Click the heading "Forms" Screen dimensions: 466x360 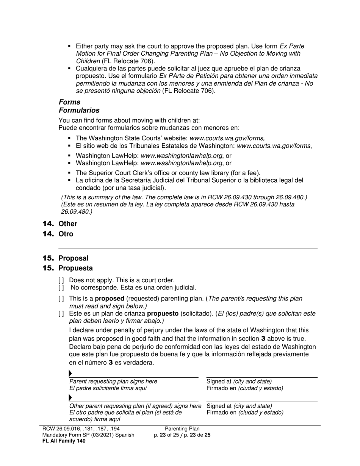[69, 102]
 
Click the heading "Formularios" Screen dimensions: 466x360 [79, 111]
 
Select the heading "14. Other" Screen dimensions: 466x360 [60, 224]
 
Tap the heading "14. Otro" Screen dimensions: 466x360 [58, 234]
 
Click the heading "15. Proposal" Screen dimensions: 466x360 [66, 258]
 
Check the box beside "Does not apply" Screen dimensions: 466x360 [61, 281]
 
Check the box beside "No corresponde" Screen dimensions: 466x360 [61, 288]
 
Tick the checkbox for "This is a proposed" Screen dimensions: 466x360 [61, 299]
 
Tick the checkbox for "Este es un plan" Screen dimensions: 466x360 [61, 314]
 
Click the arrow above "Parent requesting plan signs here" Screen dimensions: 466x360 [70, 374]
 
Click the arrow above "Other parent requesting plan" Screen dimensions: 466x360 [70, 398]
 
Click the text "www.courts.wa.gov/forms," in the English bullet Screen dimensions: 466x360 [227, 139]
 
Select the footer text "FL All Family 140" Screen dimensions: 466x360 [64, 441]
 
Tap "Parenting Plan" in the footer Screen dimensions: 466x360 [182, 429]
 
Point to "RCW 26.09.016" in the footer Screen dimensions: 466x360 [60, 429]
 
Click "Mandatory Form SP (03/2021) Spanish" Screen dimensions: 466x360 [88, 435]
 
